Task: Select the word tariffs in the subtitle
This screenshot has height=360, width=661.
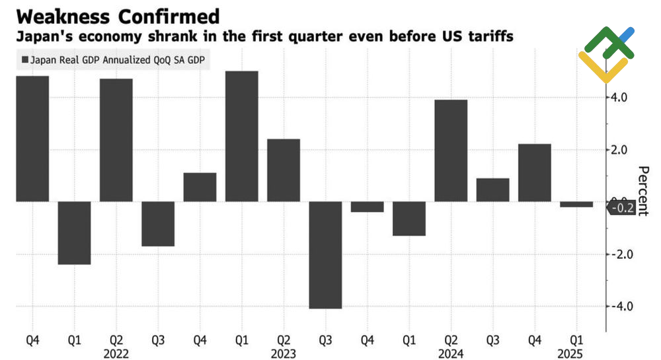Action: [489, 37]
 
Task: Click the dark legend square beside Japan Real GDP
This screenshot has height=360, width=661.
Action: [25, 60]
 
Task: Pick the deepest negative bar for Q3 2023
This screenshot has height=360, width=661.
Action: [325, 254]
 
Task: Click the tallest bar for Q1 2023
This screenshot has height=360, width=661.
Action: [241, 135]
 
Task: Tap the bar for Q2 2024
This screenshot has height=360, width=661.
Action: [451, 151]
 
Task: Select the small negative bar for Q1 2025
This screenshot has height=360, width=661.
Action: [576, 204]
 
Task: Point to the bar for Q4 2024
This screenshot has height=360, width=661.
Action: [535, 172]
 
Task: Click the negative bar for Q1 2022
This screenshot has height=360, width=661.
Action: [74, 233]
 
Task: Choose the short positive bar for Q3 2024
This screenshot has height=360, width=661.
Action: [492, 190]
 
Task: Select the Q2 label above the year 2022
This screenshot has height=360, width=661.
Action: [116, 340]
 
